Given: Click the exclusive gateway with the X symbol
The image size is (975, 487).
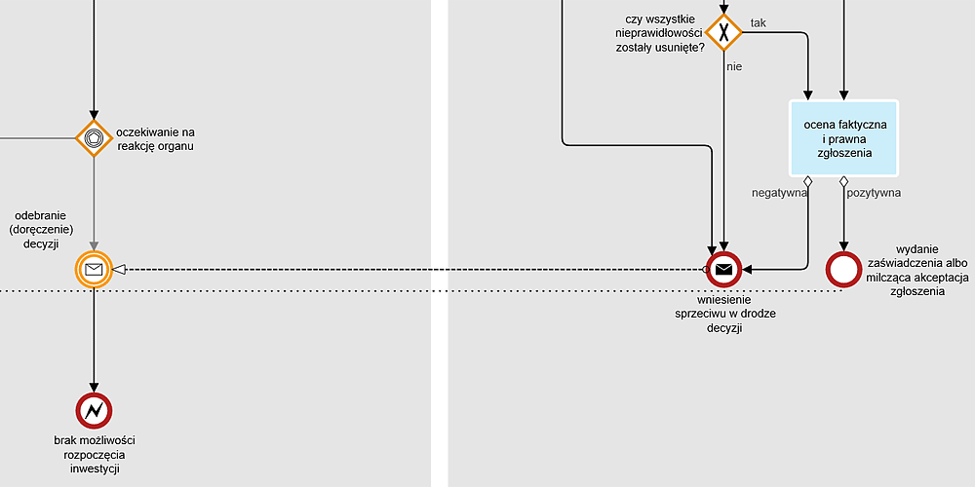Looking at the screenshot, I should (x=723, y=31).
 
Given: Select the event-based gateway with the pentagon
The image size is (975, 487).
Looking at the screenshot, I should (x=94, y=138).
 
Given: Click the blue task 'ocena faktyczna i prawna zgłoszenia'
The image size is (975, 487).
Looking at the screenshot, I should (x=844, y=138).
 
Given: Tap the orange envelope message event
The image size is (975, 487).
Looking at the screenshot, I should (x=94, y=269).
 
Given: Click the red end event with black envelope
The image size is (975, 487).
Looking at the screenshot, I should (x=723, y=269).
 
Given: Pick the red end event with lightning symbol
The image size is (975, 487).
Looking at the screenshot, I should (x=94, y=412).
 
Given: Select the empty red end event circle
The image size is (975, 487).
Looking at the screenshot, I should (x=844, y=269).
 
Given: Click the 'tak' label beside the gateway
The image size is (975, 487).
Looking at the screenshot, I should (x=758, y=22).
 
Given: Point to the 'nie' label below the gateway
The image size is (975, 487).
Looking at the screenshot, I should (x=734, y=66).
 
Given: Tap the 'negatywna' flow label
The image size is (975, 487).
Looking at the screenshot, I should (x=778, y=193).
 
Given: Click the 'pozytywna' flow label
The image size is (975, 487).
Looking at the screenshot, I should (x=874, y=193).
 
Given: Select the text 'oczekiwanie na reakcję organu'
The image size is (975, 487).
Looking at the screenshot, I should (x=156, y=139).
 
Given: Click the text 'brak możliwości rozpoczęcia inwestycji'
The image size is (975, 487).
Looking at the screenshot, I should (x=94, y=455).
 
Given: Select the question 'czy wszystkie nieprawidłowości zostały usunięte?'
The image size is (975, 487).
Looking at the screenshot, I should (x=660, y=33).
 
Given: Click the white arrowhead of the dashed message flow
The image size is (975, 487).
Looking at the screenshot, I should (x=120, y=269).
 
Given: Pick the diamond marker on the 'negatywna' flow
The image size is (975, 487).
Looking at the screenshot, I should (x=808, y=182).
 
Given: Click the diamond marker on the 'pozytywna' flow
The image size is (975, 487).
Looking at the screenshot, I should (x=844, y=182).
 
